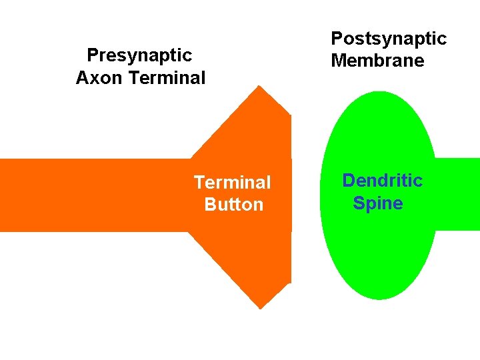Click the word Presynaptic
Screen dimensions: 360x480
139,55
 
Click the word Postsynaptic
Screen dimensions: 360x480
389,39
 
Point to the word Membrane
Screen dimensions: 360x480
377,61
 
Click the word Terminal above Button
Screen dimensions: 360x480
232,182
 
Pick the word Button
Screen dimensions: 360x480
234,205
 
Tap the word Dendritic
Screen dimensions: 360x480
382,181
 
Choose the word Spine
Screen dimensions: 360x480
378,203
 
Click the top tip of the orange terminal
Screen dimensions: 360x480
260,87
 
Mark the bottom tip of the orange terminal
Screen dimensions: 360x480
260,307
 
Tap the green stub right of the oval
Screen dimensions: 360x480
459,194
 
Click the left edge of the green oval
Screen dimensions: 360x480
322,195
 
